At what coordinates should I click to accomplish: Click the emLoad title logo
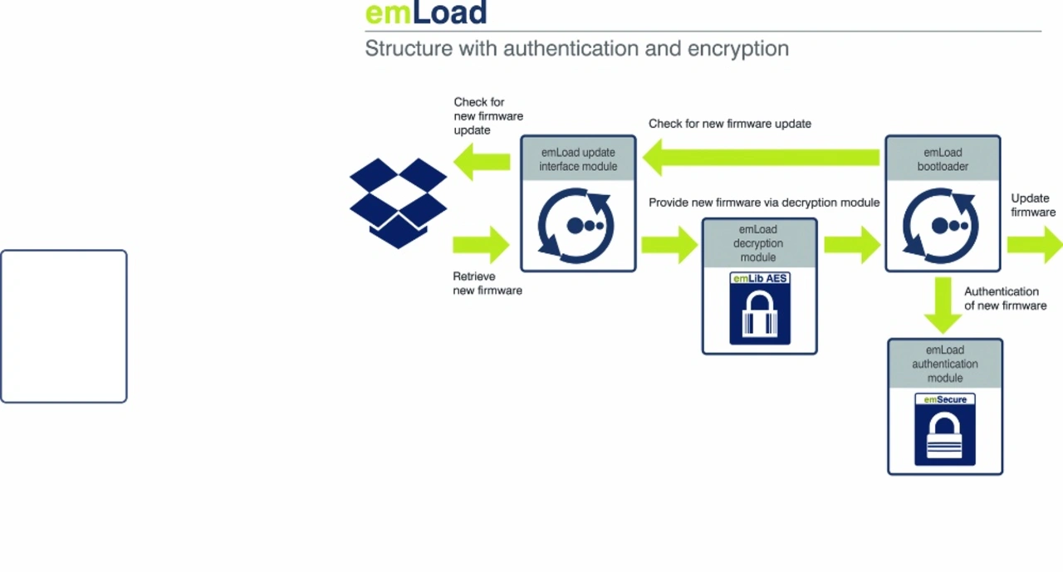coord(426,12)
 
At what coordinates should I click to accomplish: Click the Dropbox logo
coord(398,203)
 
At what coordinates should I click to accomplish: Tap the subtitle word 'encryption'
coord(738,49)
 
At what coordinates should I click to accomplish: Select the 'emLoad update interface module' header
coord(578,159)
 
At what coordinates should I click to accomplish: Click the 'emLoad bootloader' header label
coord(943,159)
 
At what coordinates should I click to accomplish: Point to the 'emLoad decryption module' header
coord(758,243)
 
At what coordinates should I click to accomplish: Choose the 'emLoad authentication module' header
coord(945,364)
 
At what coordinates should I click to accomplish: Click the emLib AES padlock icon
coord(760,308)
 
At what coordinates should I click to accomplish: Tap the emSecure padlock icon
coord(945,429)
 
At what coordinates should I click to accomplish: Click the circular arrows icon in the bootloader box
coord(941,226)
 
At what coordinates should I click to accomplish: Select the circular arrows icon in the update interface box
coord(576,226)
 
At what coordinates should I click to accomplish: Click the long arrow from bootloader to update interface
coord(762,158)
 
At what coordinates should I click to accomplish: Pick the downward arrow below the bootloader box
coord(943,306)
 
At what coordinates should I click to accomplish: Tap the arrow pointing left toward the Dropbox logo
coord(482,162)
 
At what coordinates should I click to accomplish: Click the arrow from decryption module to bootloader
coord(852,245)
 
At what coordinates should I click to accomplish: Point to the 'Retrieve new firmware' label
coord(487,283)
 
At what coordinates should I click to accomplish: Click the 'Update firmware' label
coord(1033,205)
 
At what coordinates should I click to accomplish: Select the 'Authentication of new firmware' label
coord(1005,298)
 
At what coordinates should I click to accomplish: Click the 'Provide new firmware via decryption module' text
coord(764,203)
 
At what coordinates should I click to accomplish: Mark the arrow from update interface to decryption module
coord(669,245)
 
